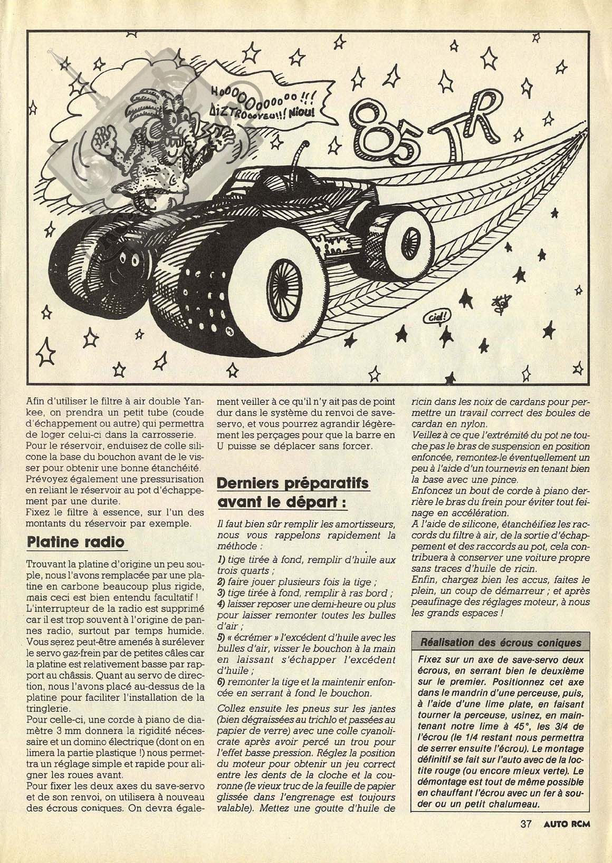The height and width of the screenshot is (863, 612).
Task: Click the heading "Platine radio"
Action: click(x=76, y=542)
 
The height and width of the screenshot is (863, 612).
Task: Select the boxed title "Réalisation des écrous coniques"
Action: click(x=500, y=643)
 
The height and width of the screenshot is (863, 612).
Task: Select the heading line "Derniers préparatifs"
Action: click(x=293, y=483)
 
